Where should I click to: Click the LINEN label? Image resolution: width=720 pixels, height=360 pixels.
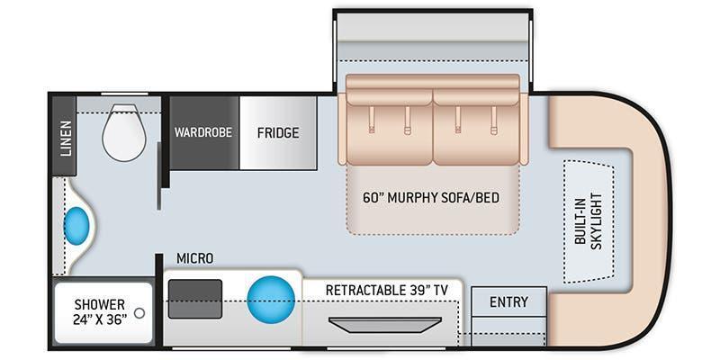click(66, 138)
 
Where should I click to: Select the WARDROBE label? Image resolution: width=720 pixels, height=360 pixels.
click(203, 132)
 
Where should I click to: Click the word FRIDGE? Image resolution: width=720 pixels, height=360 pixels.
click(278, 133)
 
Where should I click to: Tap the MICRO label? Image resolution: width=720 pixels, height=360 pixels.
click(194, 259)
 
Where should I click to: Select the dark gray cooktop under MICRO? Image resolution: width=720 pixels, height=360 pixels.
click(195, 297)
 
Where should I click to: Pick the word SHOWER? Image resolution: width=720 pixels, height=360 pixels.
click(100, 305)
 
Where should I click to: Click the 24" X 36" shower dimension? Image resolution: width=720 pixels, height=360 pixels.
click(100, 319)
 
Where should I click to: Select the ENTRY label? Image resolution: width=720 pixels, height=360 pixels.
click(508, 301)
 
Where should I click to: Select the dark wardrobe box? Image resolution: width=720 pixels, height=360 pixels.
click(203, 148)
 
